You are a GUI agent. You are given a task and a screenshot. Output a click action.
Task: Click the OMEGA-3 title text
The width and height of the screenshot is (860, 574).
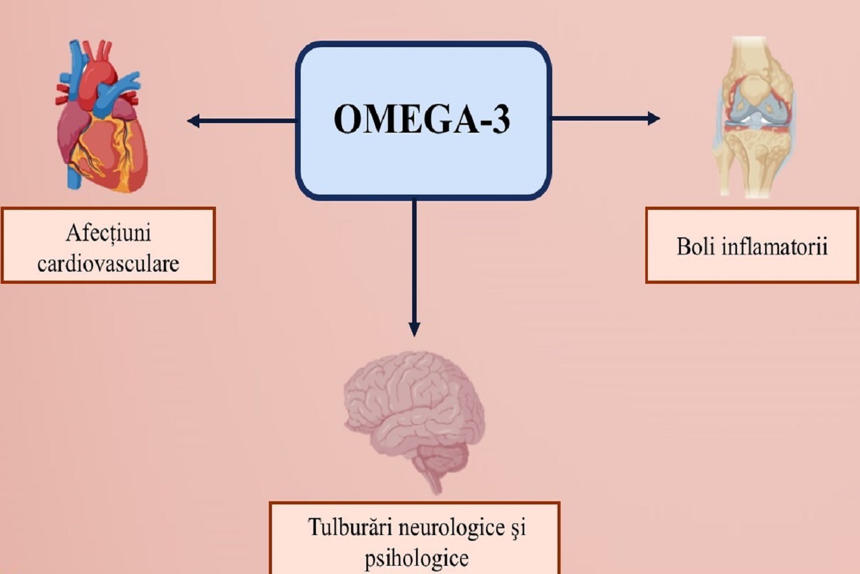(x=422, y=119)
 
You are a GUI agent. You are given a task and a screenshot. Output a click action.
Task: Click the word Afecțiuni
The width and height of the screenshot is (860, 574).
(x=108, y=233)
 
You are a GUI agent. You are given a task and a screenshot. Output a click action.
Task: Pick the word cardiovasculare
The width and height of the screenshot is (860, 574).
(x=108, y=263)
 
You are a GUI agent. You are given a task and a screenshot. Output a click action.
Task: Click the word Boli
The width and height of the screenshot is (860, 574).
(x=695, y=246)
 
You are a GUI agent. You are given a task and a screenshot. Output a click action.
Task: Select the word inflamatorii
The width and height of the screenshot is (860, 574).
(x=775, y=246)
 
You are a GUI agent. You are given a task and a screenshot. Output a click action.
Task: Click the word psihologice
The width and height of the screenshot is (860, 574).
(x=417, y=559)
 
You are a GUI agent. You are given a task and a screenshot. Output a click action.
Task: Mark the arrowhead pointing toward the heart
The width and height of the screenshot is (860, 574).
(x=193, y=121)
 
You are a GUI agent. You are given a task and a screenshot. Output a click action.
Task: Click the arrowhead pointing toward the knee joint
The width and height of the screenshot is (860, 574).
(x=654, y=118)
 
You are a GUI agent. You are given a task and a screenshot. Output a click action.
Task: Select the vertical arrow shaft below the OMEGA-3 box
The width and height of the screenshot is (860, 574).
(x=414, y=261)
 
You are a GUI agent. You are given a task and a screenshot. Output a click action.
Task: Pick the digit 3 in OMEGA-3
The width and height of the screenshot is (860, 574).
(x=501, y=119)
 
